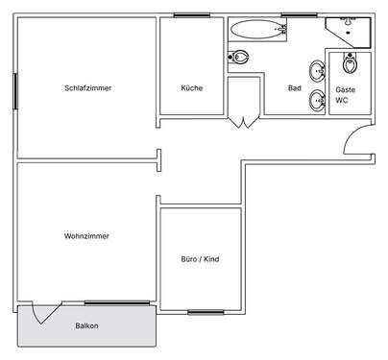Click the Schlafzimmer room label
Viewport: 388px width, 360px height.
[87, 88]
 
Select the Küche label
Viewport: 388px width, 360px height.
[191, 88]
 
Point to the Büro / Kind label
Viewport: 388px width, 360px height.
[201, 259]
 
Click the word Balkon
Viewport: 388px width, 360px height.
[87, 326]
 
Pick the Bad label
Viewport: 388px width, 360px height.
[295, 88]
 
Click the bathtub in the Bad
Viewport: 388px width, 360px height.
[257, 29]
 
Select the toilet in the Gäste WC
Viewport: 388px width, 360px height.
[350, 65]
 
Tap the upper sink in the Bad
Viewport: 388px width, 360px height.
[316, 70]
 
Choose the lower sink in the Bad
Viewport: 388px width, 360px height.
[316, 99]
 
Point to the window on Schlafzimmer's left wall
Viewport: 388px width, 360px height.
[16, 91]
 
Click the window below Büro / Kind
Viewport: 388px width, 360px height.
[206, 312]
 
